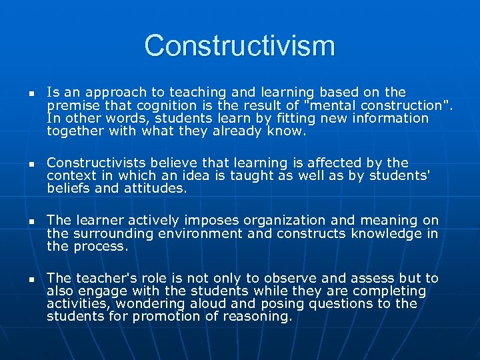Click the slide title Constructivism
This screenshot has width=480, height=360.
[239, 46]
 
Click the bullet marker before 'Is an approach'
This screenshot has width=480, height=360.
[21, 93]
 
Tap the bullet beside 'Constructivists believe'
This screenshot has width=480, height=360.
[21, 164]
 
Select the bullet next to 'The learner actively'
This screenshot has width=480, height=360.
[21, 221]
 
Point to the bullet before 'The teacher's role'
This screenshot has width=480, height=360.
[21, 279]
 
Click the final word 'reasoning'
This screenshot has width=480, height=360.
[257, 316]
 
